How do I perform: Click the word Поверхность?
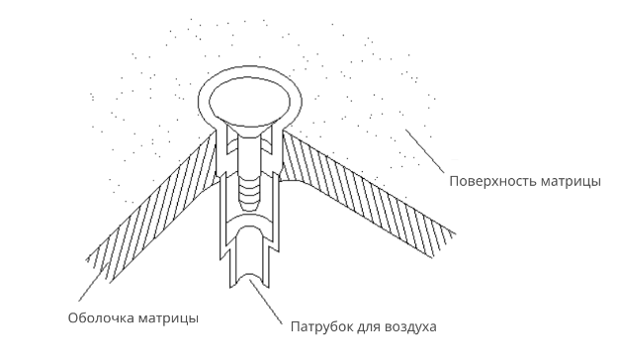492,182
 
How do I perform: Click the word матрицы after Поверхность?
571,183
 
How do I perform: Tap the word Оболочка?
101,317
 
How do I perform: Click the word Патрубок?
321,326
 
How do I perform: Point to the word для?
368,327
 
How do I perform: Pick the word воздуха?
410,327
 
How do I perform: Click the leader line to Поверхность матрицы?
425,151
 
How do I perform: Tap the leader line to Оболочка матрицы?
94,282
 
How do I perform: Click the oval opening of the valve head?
249,102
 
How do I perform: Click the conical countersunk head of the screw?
249,129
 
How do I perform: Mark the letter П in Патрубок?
295,326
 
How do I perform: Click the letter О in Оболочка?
73,317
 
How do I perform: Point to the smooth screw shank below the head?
249,156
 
